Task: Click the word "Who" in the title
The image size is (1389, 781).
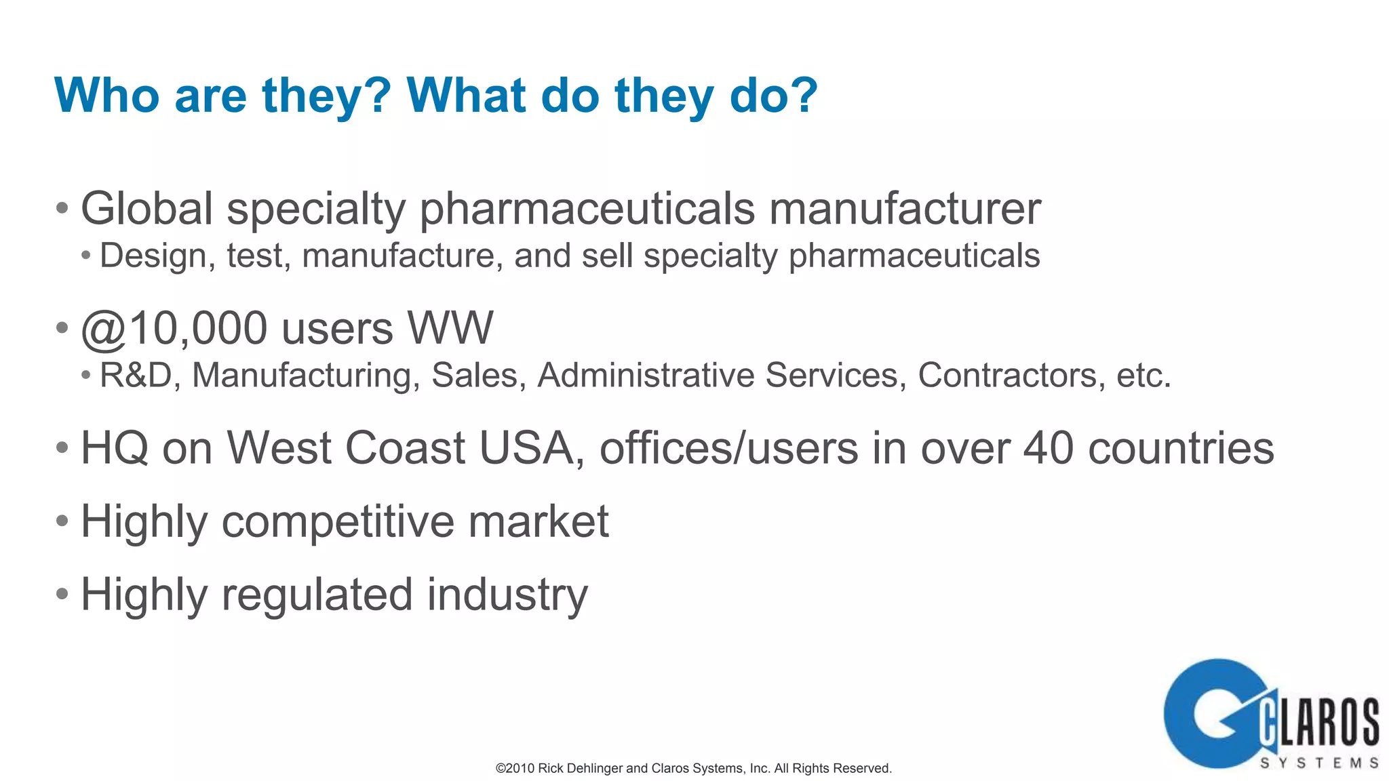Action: (x=106, y=96)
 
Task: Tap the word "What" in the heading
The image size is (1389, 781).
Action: (x=466, y=96)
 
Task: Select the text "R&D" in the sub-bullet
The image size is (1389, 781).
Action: (x=136, y=376)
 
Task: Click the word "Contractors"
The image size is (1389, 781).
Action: (x=1006, y=376)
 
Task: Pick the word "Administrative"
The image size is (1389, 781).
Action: (x=645, y=376)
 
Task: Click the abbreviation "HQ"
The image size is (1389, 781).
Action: (x=114, y=449)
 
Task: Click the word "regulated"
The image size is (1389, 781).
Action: (x=317, y=595)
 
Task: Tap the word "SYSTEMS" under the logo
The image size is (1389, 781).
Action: (x=1319, y=763)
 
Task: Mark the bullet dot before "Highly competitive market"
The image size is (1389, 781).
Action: (x=62, y=521)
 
